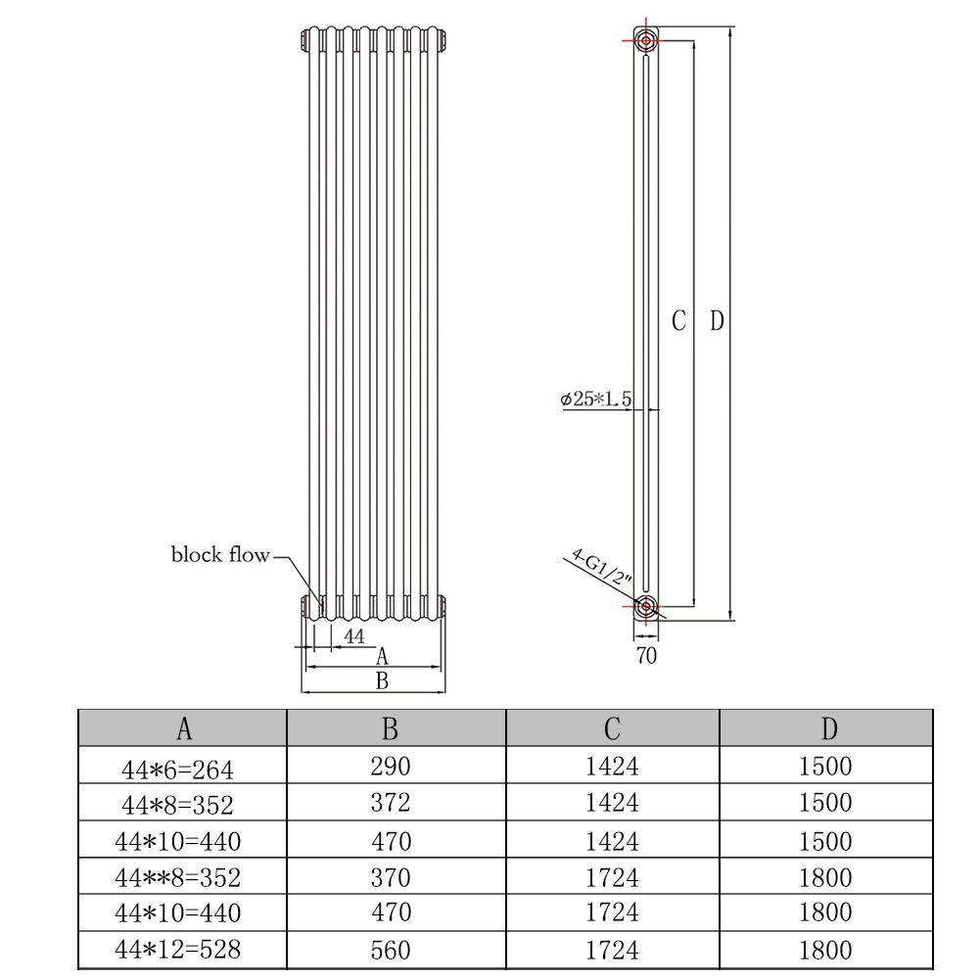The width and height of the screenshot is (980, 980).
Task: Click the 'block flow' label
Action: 220,554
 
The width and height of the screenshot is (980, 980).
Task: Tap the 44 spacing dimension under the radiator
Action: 353,636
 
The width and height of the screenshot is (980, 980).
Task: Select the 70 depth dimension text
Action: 646,655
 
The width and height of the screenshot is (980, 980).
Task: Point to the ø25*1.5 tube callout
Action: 595,398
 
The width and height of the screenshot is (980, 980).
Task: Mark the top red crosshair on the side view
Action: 645,41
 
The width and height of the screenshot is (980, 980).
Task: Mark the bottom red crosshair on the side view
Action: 645,606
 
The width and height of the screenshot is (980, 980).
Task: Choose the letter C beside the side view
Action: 678,321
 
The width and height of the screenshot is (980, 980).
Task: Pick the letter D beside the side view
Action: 717,321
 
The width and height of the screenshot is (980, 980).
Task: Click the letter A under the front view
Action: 382,656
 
